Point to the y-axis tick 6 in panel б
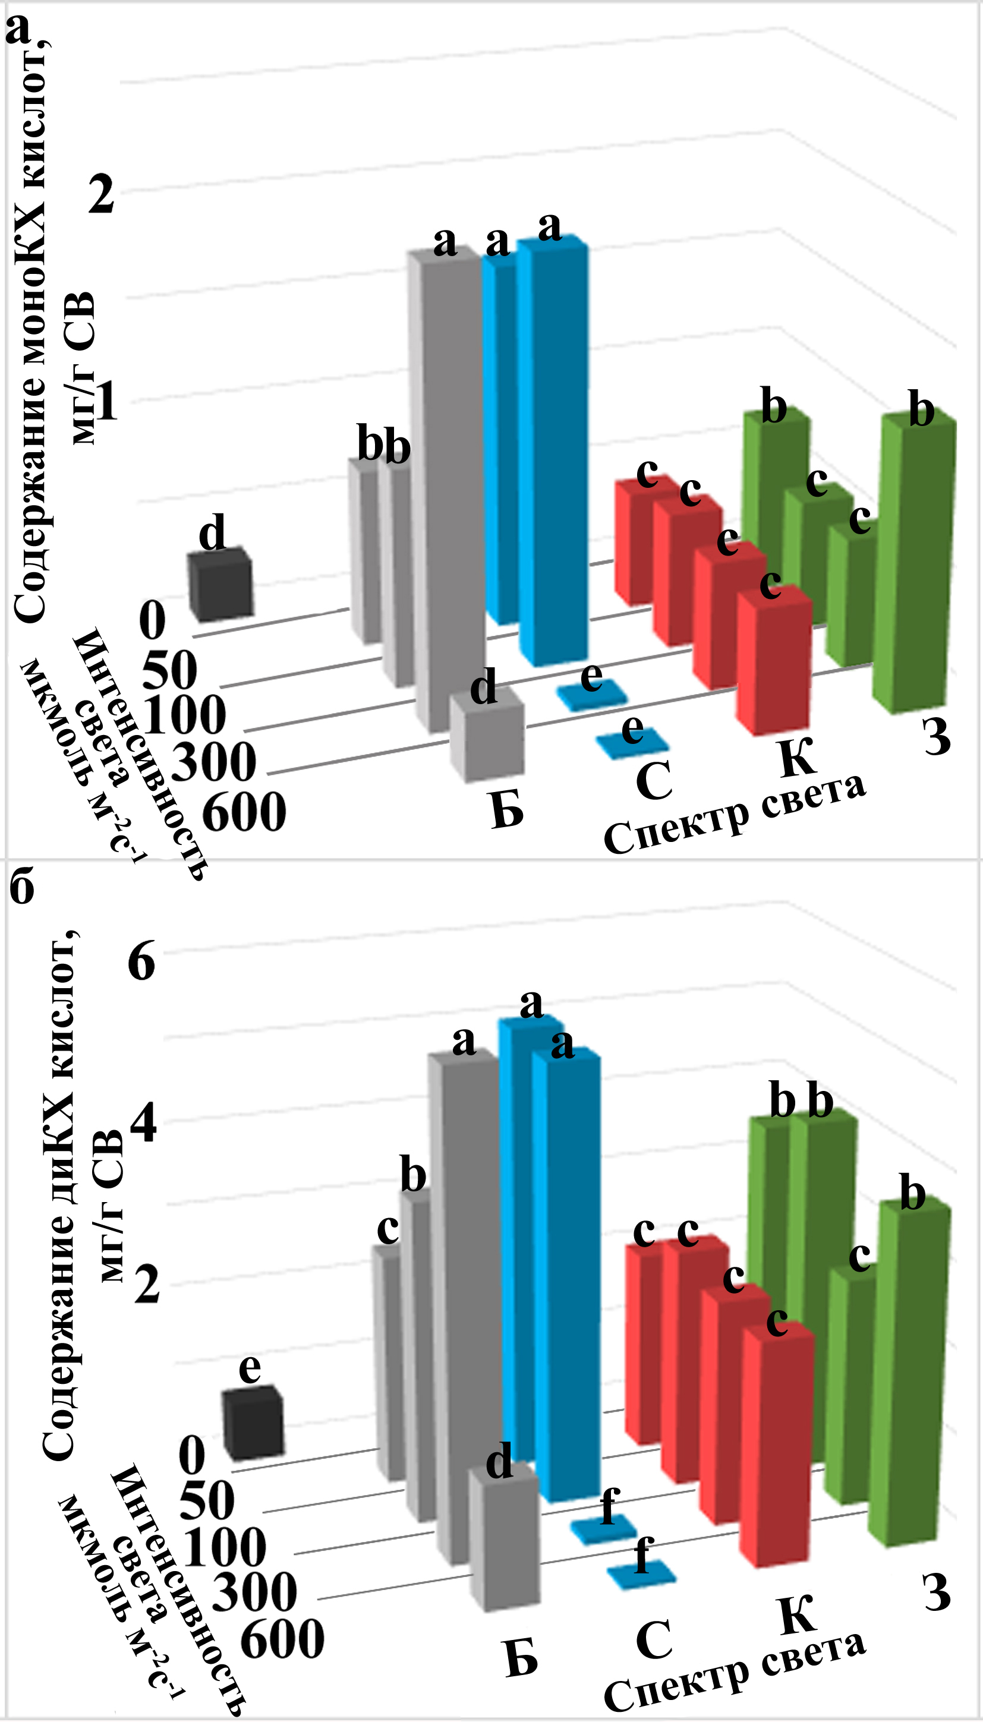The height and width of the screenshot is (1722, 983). (141, 961)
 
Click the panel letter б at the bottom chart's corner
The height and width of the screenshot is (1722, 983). (21, 888)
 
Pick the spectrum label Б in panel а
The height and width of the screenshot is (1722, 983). (507, 809)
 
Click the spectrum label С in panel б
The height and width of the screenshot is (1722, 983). (654, 1639)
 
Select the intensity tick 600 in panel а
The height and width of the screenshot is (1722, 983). (244, 812)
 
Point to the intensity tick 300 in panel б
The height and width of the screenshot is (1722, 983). (254, 1592)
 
